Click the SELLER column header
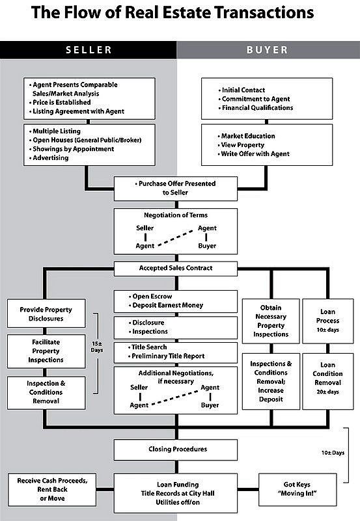tap(88, 49)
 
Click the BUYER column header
tap(267, 49)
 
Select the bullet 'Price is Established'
tap(61, 103)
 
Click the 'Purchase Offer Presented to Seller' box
tap(176, 188)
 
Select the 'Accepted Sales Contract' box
tap(176, 267)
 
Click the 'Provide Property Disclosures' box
tap(46, 314)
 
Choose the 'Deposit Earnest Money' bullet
tap(169, 305)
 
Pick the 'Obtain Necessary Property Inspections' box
tap(270, 321)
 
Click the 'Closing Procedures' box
tap(176, 449)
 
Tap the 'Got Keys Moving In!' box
tap(301, 490)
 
